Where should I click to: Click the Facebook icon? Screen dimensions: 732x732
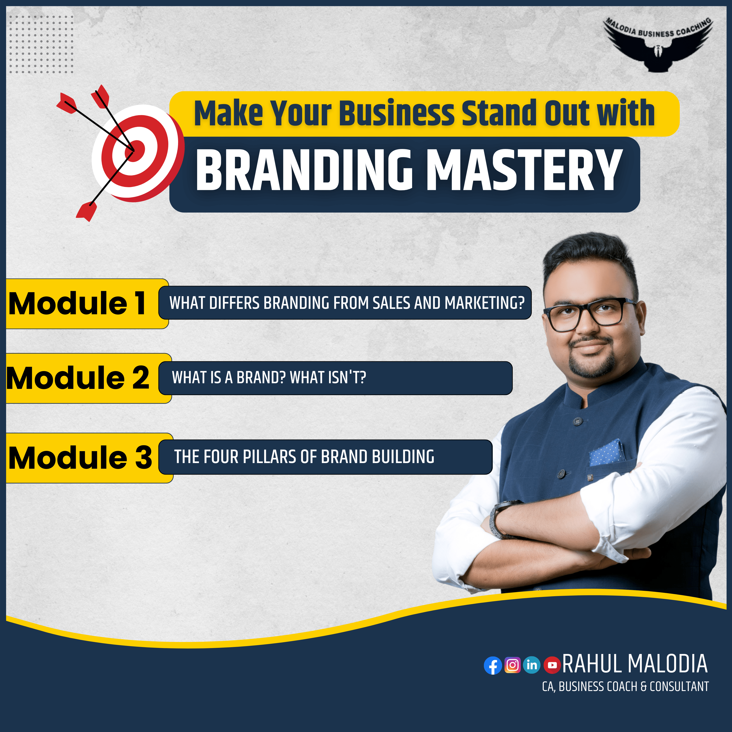(493, 665)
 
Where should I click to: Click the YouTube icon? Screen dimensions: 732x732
(552, 665)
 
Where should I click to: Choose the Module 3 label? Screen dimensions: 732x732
(80, 457)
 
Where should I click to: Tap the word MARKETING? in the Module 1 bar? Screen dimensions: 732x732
(485, 303)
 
